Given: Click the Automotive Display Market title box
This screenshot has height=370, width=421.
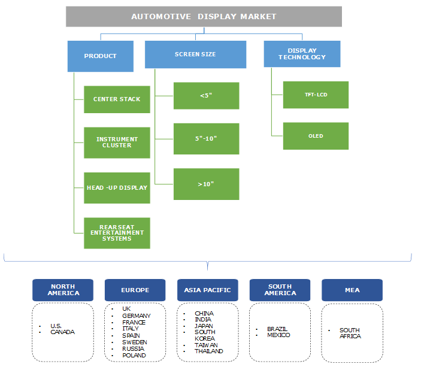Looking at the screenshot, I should (x=203, y=16).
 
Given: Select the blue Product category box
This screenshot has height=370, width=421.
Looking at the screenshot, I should (x=100, y=56).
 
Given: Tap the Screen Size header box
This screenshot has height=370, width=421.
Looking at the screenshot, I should (x=195, y=54).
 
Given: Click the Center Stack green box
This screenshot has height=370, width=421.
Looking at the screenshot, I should (x=117, y=99).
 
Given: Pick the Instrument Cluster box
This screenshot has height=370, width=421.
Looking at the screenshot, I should (x=117, y=142).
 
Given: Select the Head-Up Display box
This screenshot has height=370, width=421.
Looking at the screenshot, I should (x=117, y=187).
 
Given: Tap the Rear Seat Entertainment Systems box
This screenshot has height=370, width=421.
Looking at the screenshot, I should (x=117, y=232).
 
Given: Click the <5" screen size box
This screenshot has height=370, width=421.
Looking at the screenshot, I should (x=206, y=96).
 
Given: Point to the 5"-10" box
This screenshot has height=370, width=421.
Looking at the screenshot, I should (x=206, y=138).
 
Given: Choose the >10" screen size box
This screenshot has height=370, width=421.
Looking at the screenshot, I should (x=206, y=184).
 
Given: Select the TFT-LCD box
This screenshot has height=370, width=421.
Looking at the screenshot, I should (x=316, y=95).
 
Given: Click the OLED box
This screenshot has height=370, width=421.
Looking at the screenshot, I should (x=316, y=136).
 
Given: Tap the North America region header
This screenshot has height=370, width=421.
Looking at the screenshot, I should (x=63, y=290).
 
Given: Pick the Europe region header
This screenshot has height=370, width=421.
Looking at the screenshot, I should (x=135, y=290).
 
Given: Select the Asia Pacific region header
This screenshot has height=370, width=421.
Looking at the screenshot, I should (x=207, y=290).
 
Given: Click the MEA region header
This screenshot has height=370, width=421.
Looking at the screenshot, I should (x=352, y=290).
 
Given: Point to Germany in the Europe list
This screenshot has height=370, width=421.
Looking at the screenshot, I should (x=137, y=316).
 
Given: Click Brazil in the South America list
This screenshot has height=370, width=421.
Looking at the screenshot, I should (x=278, y=329).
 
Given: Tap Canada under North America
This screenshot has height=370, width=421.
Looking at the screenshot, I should (x=62, y=332).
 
